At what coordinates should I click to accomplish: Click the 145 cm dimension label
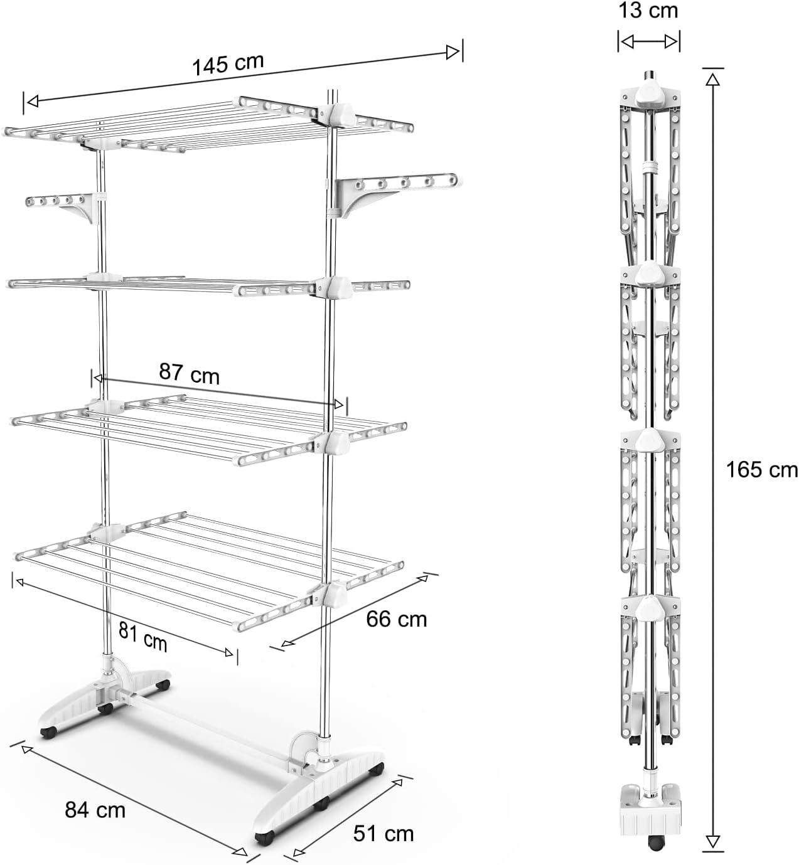[x=228, y=64]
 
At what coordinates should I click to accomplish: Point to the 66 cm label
[x=396, y=619]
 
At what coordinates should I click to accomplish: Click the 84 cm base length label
[x=95, y=810]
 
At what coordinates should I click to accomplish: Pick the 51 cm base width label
[x=383, y=834]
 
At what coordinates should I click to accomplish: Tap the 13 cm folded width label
[x=648, y=10]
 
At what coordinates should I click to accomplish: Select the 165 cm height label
[x=761, y=469]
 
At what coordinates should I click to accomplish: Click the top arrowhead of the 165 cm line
[x=712, y=77]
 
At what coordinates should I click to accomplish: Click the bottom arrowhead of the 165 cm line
[x=712, y=842]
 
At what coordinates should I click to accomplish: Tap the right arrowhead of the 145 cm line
[x=453, y=53]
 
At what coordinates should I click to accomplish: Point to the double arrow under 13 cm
[x=649, y=42]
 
